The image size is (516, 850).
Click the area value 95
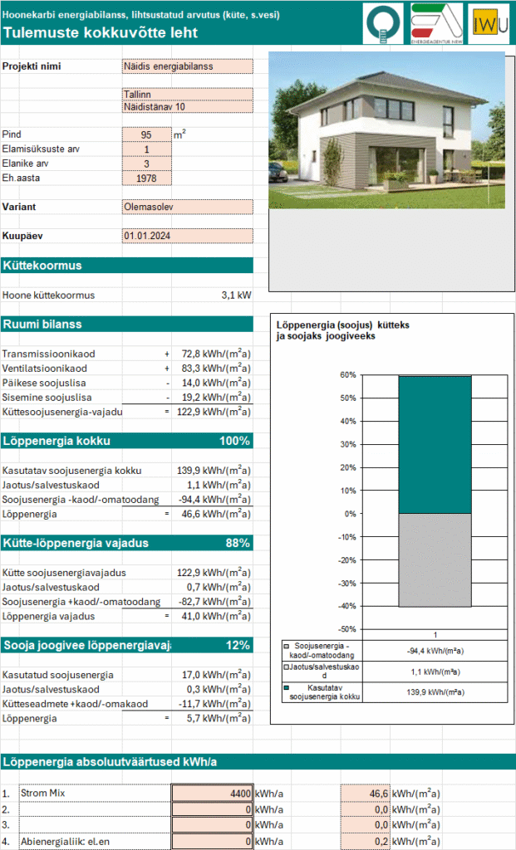click(146, 134)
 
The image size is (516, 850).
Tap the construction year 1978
click(146, 178)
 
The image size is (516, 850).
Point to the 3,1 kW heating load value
click(237, 295)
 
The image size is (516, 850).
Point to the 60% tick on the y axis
click(346, 375)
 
